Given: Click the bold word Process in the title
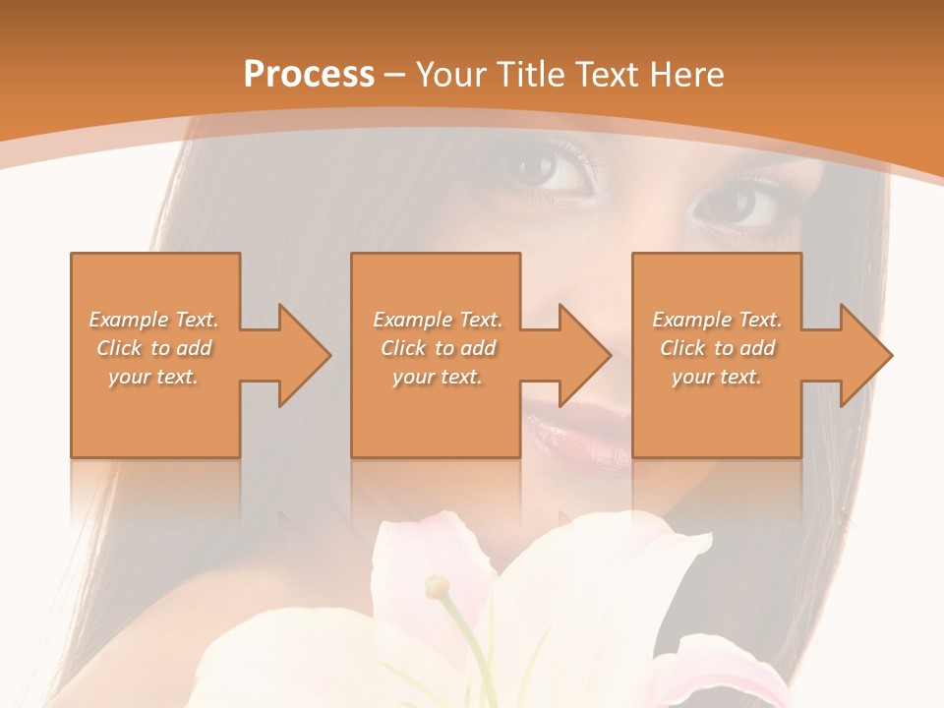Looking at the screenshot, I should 309,74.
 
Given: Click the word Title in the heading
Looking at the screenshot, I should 525,74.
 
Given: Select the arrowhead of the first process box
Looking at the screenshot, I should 306,355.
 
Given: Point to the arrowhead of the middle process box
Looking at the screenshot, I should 586,355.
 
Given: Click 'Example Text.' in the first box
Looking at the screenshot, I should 154,320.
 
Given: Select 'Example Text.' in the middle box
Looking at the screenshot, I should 438,320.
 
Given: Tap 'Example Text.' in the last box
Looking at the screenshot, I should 717,320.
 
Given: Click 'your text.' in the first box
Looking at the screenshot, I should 153,377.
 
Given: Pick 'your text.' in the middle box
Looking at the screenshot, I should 437,377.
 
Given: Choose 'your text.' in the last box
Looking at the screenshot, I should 717,377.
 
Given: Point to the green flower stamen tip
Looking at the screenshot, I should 436,587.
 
